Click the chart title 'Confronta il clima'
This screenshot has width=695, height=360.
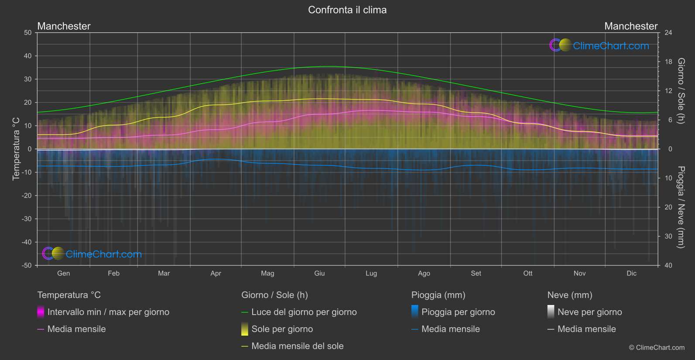(347, 10)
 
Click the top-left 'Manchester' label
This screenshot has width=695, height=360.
(64, 26)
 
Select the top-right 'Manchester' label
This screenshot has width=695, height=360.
(630, 26)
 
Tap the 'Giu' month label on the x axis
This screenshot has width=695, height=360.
(319, 273)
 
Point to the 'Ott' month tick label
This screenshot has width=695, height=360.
(528, 273)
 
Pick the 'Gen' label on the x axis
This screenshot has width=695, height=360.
(64, 273)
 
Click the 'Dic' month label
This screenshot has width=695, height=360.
(631, 273)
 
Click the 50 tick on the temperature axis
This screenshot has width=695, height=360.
(28, 33)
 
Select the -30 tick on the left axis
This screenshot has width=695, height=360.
(27, 219)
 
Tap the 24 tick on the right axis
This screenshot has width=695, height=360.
(668, 33)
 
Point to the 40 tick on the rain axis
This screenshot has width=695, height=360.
(668, 265)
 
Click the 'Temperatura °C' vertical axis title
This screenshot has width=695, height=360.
(16, 149)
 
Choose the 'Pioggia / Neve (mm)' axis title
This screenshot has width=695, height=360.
(681, 207)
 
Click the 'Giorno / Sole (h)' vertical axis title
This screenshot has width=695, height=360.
(681, 91)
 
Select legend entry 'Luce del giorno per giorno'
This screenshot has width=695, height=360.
(304, 312)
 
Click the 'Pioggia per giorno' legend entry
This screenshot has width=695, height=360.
(458, 312)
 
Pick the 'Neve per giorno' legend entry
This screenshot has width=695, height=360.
(589, 312)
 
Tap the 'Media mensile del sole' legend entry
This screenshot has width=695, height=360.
(297, 346)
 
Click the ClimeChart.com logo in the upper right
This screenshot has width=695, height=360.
(599, 45)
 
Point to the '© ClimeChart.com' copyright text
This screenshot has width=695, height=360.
(657, 347)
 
